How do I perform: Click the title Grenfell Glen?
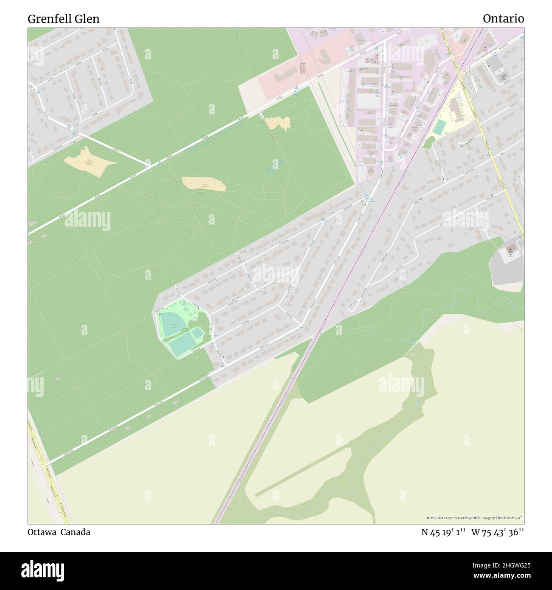click(64, 19)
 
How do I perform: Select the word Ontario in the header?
click(503, 19)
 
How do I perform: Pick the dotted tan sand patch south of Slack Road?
click(204, 184)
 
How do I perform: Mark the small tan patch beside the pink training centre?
click(278, 123)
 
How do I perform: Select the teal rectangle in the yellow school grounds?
click(440, 126)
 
